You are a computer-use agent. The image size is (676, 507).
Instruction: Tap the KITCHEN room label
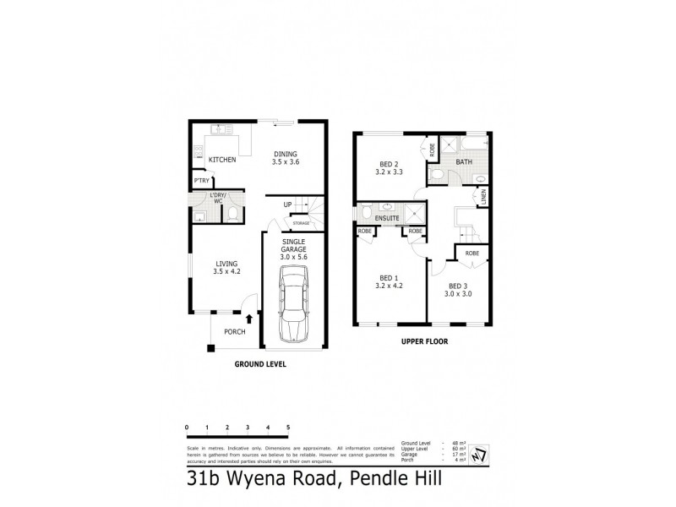coord(221,160)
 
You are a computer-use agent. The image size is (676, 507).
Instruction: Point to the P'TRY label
coord(201,182)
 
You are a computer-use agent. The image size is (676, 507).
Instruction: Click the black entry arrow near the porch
coord(248,319)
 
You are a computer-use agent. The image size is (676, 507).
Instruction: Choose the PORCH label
coord(235,331)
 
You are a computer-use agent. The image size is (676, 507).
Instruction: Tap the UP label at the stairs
coord(287,204)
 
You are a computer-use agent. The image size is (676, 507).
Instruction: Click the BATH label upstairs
coord(465,161)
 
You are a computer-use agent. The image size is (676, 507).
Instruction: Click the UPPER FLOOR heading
coord(425,343)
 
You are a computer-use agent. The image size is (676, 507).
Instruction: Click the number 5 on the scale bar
coord(289,428)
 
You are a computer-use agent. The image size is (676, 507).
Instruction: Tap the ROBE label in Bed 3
coord(472,253)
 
